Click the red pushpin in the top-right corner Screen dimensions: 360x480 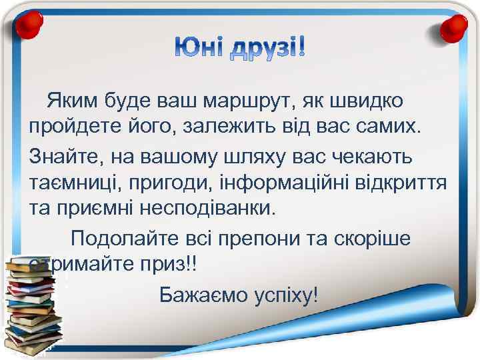point(455,27)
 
